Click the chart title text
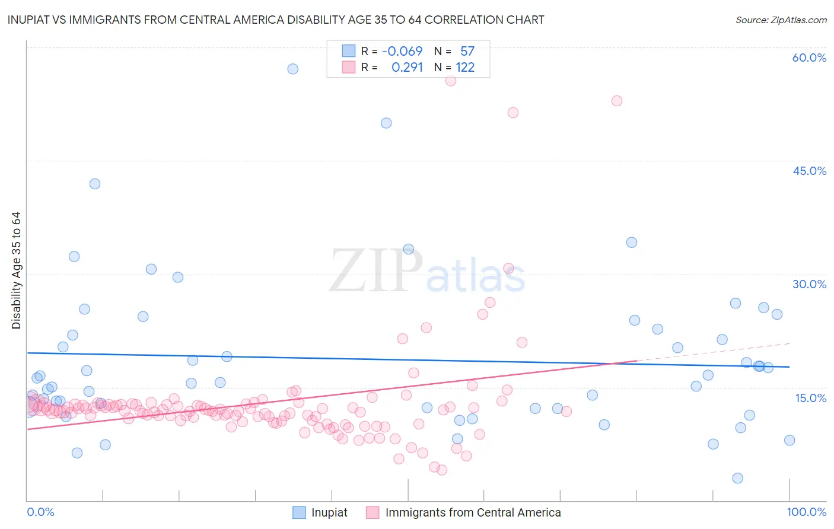(x=276, y=20)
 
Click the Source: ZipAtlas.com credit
(x=781, y=20)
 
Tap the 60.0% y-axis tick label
(x=809, y=58)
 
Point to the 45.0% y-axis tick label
(x=809, y=171)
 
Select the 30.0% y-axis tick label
(x=809, y=284)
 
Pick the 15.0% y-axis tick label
(x=810, y=398)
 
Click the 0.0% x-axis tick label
(x=40, y=512)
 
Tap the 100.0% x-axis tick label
(x=806, y=512)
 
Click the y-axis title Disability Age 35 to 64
(x=16, y=270)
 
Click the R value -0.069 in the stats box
(x=402, y=52)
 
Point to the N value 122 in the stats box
(x=465, y=68)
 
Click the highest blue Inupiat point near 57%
(x=292, y=69)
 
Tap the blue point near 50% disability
(x=386, y=123)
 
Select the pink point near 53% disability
(x=617, y=101)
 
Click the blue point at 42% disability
(x=95, y=184)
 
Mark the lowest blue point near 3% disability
(x=737, y=478)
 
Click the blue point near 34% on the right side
(x=632, y=243)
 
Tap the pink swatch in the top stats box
(x=348, y=68)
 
